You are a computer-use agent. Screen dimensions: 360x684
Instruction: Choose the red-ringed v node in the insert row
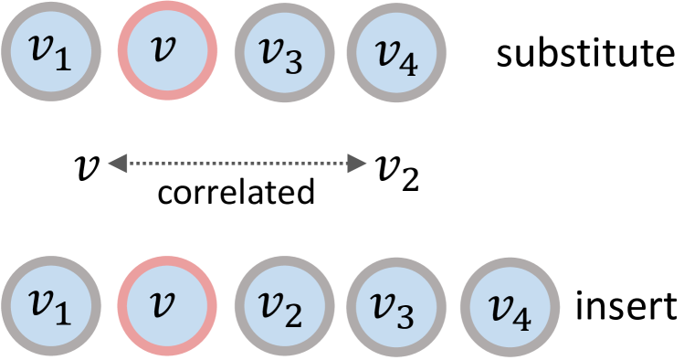165,306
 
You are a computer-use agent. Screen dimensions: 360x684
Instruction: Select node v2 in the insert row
280,306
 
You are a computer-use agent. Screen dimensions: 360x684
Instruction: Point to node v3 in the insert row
395,306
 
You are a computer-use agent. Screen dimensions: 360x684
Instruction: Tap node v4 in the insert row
510,306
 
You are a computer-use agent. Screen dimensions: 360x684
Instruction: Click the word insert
626,305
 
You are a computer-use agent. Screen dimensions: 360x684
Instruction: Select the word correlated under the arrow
236,193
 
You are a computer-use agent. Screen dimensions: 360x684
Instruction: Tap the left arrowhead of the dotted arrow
117,164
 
